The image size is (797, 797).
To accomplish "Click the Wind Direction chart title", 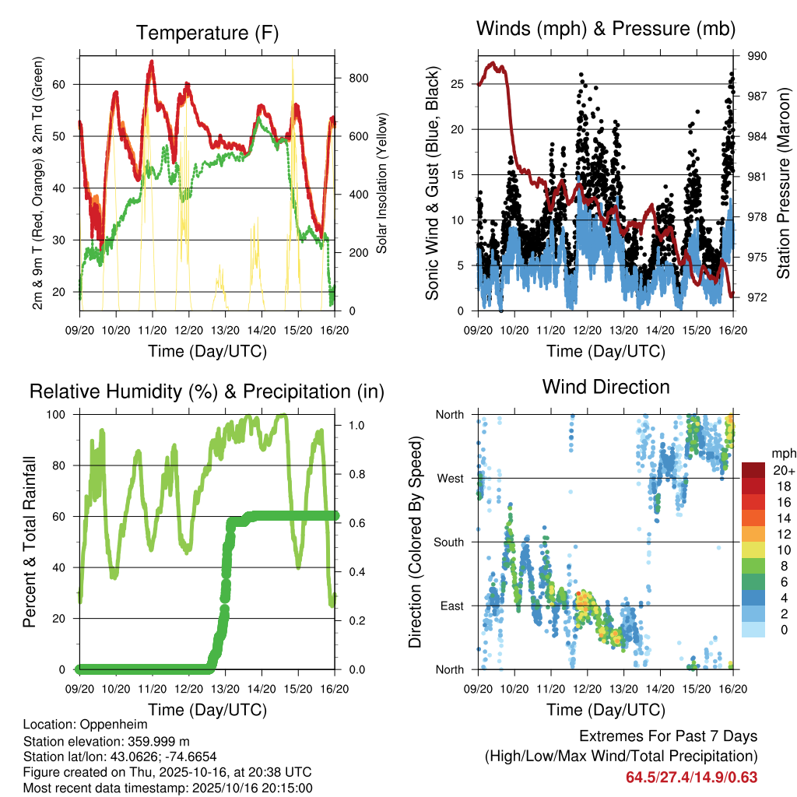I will [x=606, y=387].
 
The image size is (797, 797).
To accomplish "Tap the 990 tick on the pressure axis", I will [x=757, y=56].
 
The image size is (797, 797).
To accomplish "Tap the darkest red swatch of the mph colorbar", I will [x=753, y=470].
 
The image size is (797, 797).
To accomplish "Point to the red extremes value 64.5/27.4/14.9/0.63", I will [x=691, y=777].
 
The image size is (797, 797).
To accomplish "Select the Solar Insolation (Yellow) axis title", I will [x=382, y=183].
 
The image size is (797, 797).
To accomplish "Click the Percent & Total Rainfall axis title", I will [x=30, y=542].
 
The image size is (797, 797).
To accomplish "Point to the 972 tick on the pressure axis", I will [x=757, y=297].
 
